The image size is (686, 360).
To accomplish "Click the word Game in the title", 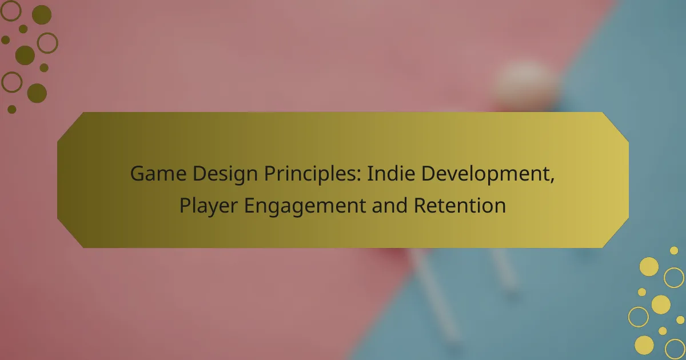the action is tap(158, 173).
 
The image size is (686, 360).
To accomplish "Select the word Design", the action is tap(225, 174).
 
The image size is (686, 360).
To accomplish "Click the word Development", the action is tap(485, 174).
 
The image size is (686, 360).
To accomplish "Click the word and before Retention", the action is tap(389, 205).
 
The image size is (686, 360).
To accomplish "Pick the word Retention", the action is tap(460, 205).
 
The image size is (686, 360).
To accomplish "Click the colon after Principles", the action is tap(359, 176).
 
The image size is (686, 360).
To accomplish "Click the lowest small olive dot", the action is tap(11, 109).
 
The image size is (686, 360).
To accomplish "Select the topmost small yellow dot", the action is tap(674, 251).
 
